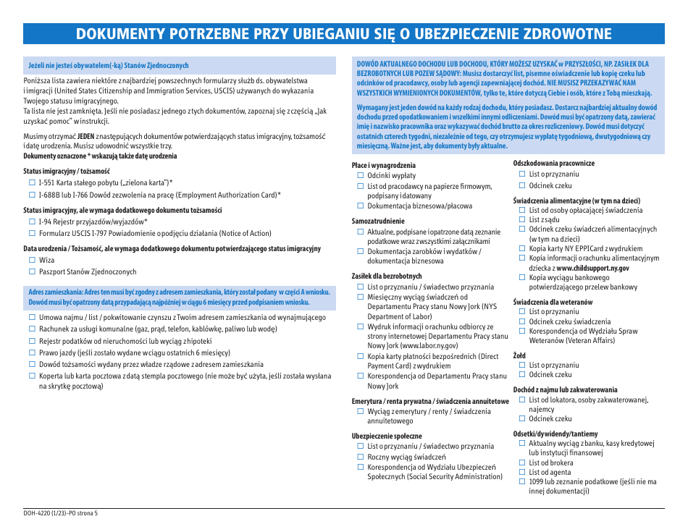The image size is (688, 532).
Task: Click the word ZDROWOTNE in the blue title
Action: pos(568,34)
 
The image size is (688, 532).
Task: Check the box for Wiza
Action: pos(32,260)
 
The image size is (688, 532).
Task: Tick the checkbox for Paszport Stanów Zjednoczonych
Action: pos(32,271)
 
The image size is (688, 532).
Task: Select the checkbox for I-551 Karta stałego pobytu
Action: pos(32,182)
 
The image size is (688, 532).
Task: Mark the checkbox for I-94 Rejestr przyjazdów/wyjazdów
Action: pos(32,221)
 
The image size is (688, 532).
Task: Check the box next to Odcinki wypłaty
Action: pos(360,176)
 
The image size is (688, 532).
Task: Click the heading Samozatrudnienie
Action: pos(378,221)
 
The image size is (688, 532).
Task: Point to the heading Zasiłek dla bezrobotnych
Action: pos(387,276)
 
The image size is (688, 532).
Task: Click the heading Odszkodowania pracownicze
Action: pos(553,164)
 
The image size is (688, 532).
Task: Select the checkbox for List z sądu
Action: pos(521,220)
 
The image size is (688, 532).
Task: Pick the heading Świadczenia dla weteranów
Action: pos(553,301)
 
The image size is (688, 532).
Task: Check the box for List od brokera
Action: pos(521,463)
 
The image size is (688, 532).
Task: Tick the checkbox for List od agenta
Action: pos(521,473)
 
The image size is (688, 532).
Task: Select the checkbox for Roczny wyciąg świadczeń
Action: pos(360,457)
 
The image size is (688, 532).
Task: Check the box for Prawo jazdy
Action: pos(32,352)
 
